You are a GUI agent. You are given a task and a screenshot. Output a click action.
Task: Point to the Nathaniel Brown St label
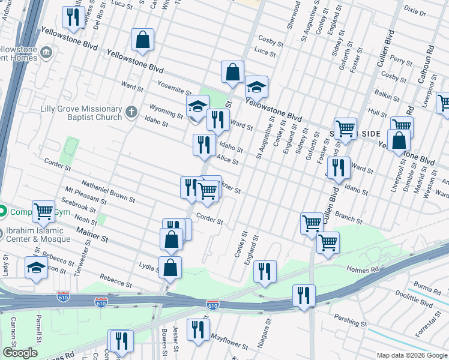[107, 191]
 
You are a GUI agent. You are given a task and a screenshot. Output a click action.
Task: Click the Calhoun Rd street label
[429, 53]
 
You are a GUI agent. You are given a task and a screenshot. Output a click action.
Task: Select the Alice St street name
[228, 158]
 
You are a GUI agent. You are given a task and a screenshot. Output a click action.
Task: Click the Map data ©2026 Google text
[411, 355]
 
